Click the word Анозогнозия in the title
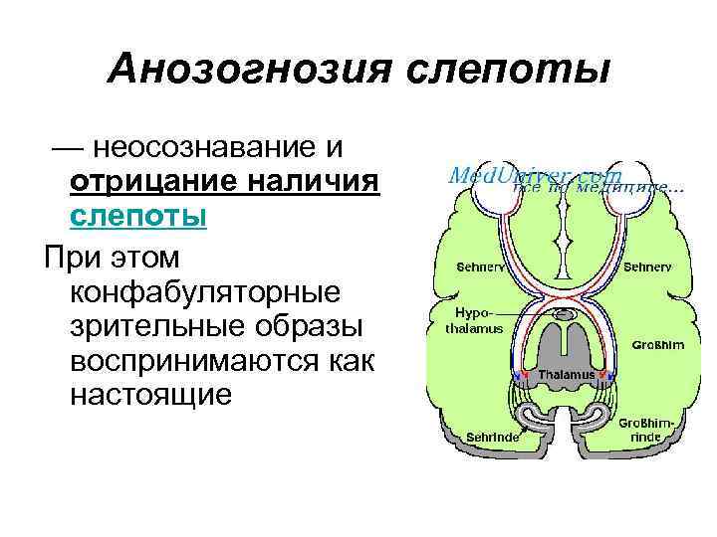[x=239, y=70]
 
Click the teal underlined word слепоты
[x=138, y=216]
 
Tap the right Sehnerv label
[x=648, y=268]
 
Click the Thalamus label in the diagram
[x=565, y=375]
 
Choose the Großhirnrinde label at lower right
[x=645, y=430]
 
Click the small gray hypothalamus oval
[x=565, y=316]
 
